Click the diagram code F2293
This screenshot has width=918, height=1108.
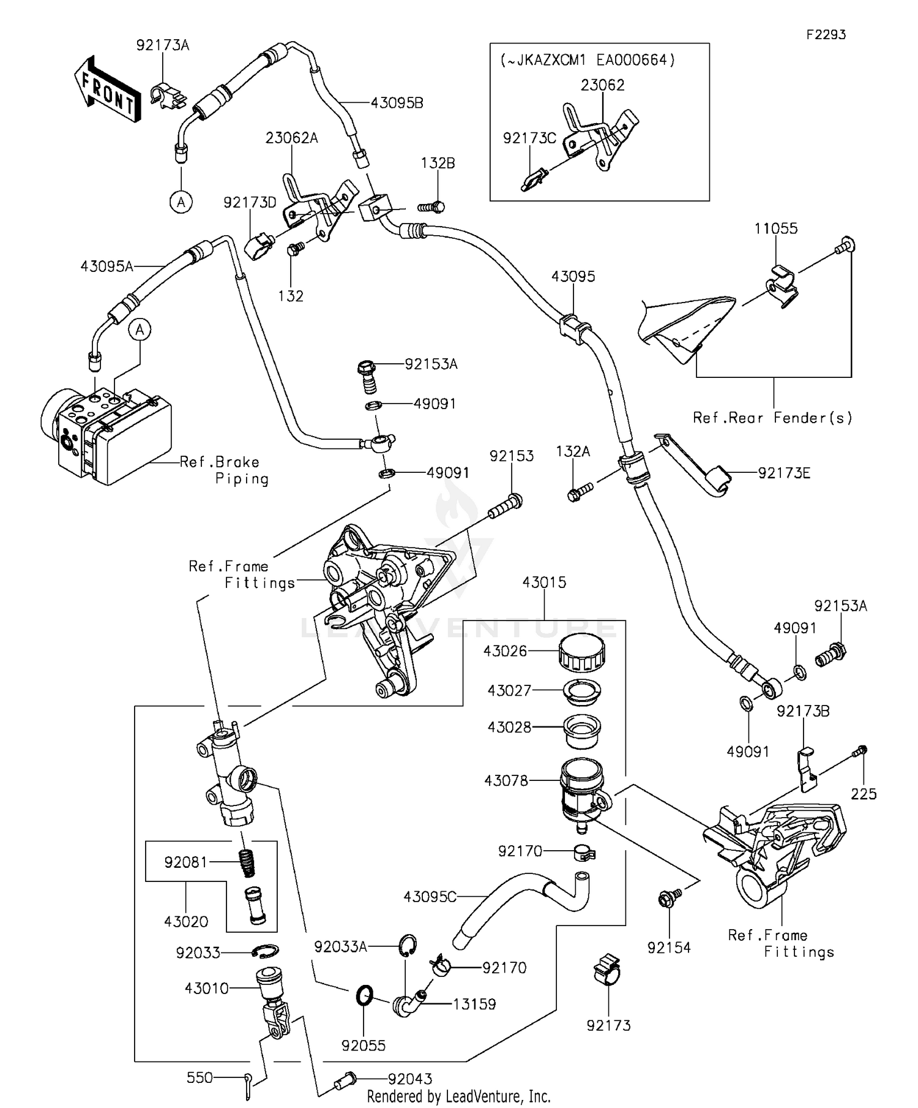(x=826, y=35)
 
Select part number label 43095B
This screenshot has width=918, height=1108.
(x=397, y=103)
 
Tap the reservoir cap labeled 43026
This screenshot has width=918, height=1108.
(x=581, y=653)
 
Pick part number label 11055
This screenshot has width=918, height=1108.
(x=775, y=228)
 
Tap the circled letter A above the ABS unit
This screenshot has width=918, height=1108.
(x=140, y=330)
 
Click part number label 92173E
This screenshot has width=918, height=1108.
(x=783, y=473)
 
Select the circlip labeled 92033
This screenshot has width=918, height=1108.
(x=266, y=951)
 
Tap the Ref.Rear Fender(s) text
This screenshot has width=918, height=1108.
(x=772, y=418)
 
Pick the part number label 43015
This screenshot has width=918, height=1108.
(x=544, y=582)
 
